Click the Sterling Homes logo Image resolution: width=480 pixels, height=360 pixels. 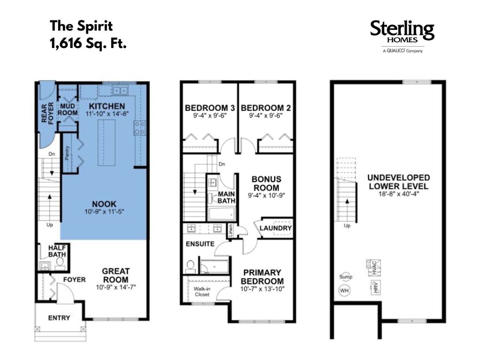click(402, 36)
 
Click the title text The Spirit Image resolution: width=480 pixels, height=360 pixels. click(81, 26)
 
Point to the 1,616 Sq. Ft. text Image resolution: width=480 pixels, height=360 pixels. click(88, 43)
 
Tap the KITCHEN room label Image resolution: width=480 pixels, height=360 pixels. click(107, 106)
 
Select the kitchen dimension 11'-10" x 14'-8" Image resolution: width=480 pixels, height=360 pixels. click(107, 114)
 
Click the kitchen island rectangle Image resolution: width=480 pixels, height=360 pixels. click(106, 142)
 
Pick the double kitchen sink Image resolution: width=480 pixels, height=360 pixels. click(120, 90)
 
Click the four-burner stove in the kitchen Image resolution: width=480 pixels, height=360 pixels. click(139, 128)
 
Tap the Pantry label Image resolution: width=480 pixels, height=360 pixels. click(67, 153)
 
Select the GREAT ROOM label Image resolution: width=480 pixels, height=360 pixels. click(115, 275)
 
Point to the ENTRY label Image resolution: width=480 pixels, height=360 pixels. click(59, 318)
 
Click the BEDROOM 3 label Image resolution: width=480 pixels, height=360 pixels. click(210, 108)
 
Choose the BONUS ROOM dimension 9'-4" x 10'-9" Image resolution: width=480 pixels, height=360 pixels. click(266, 195)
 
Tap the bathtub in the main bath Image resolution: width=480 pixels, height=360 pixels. click(221, 214)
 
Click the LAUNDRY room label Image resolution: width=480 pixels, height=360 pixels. click(276, 228)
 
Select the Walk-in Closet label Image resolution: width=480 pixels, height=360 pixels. click(202, 292)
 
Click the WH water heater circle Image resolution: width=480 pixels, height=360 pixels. click(344, 291)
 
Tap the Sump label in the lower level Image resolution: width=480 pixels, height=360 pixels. click(345, 277)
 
